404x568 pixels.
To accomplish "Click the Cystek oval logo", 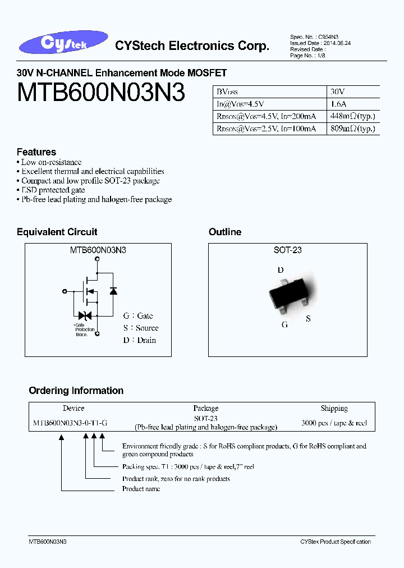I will point(62,43).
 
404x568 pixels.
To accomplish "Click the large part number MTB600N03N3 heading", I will point(101,93).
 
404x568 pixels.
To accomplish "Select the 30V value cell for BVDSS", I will point(338,91).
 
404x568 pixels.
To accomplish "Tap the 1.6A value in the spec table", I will point(339,104).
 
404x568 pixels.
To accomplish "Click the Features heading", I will point(36,152).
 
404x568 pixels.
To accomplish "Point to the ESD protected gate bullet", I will point(53,190).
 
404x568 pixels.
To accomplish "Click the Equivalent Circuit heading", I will point(57,232).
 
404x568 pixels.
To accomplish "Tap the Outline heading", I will point(225,232).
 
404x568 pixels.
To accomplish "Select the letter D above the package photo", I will point(281,270).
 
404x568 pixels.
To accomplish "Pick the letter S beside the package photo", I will point(308,319).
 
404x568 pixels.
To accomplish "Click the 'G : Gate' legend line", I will point(138,316).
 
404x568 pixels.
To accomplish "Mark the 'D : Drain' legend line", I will point(140,340).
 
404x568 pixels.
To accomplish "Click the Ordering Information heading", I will point(76,391).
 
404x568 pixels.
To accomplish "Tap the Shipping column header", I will point(334,409).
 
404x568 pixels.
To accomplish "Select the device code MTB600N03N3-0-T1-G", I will point(71,423).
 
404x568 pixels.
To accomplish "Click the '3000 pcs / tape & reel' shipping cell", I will point(334,423).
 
